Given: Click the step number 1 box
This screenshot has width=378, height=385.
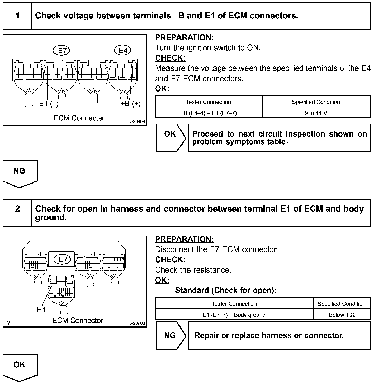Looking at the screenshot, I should pos(17,16).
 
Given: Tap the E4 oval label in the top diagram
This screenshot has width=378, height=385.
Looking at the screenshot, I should pos(123,50).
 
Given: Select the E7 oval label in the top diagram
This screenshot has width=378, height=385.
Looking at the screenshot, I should pos(62,50).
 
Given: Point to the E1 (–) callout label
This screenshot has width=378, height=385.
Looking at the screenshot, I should pos(49,104).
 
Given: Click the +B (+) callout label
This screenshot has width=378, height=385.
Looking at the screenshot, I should pos(131,104).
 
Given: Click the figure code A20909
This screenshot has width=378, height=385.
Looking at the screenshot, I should pos(137,121).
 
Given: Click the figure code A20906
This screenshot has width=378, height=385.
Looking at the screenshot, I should pos(137,323).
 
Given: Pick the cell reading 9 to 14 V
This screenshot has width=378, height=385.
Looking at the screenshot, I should pos(316,113).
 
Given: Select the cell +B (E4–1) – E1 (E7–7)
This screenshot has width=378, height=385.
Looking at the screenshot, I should pos(209,113).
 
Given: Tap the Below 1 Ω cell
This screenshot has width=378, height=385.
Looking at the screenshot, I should pos(342,315).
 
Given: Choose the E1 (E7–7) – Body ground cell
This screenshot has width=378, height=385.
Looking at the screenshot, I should pos(234,315).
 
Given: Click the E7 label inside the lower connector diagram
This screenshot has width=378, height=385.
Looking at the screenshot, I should pos(62,259).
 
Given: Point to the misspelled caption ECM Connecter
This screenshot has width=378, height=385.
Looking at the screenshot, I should pos(79,118).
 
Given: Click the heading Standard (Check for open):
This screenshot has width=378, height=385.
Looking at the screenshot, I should pos(226,290).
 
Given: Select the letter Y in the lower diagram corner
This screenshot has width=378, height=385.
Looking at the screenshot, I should pos(9,323).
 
